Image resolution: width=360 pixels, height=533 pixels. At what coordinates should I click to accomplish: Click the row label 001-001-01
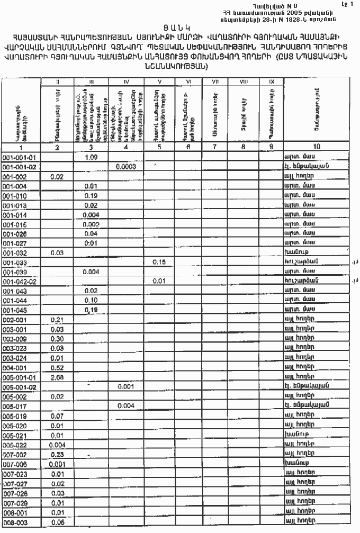20,158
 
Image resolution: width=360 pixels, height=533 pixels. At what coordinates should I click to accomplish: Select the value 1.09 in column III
91,158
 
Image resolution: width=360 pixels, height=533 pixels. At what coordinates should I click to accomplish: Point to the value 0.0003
126,167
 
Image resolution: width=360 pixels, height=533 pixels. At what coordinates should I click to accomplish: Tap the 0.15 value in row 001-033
159,262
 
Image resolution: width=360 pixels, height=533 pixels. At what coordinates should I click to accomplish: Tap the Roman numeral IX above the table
271,82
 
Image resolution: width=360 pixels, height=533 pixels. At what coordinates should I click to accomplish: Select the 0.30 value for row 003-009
57,339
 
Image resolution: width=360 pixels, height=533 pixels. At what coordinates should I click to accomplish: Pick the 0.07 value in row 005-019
57,415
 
